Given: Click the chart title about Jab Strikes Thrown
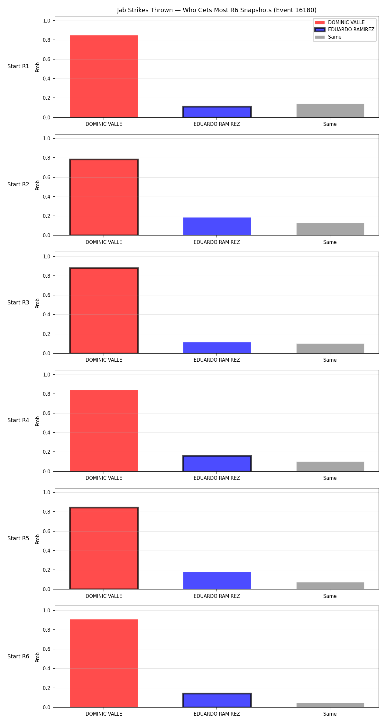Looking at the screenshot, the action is (216, 10).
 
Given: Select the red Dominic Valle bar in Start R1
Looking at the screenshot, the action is (104, 76).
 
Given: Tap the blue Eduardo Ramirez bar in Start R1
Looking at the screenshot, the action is (217, 112).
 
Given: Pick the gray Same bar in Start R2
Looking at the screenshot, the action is (330, 229).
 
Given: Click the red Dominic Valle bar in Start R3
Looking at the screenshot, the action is (104, 311).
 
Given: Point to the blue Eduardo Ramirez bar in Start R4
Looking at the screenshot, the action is (217, 463).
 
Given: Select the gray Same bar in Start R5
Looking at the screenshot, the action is (330, 586).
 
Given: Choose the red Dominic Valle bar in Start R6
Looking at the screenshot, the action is (104, 663).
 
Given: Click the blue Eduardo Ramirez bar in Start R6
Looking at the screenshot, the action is (217, 700).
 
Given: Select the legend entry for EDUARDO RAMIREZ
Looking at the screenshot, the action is (345, 30).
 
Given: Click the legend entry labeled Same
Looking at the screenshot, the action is (328, 37).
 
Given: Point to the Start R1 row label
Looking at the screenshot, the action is (18, 66).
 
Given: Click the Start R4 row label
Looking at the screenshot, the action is (18, 420).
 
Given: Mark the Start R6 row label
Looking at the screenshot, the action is (18, 656).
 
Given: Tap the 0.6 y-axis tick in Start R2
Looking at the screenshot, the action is (47, 177).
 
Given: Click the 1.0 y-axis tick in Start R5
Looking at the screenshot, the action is (47, 492).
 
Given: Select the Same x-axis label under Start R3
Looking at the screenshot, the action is (330, 360).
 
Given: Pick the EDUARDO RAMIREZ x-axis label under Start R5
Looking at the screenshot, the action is (217, 596).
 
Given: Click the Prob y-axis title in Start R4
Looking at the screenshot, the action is (38, 421).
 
